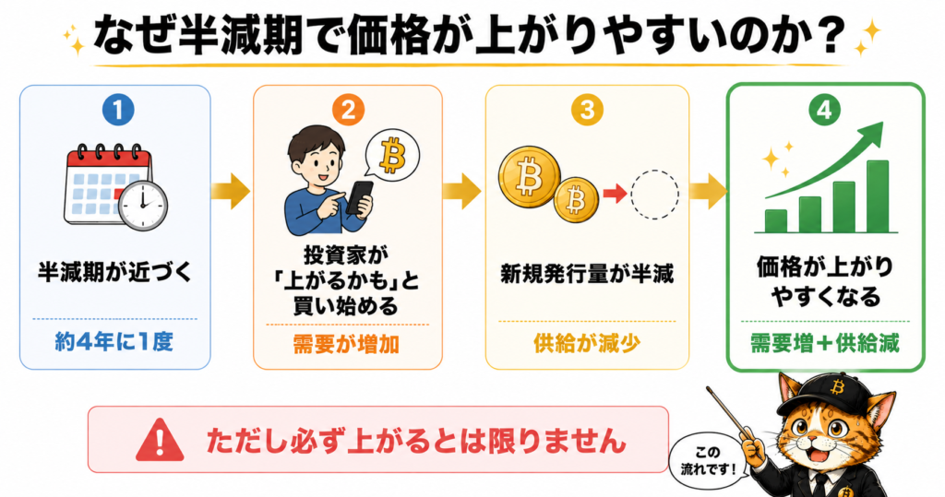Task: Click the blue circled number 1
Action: tap(118, 110)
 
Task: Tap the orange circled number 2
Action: tap(348, 110)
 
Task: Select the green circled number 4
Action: tap(824, 111)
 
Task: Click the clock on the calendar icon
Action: tap(143, 204)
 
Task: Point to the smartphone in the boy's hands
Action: tap(360, 197)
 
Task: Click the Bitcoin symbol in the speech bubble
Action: tap(392, 155)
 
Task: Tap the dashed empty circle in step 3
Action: tap(655, 195)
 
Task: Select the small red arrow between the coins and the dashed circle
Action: tap(614, 194)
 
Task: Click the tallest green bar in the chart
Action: tap(877, 196)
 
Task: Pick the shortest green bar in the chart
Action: tap(775, 221)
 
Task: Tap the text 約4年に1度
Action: tap(114, 341)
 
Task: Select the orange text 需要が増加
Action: tap(347, 345)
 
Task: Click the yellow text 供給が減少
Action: tap(587, 343)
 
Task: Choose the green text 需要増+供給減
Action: tap(824, 343)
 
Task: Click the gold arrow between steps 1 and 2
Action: tap(230, 192)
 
